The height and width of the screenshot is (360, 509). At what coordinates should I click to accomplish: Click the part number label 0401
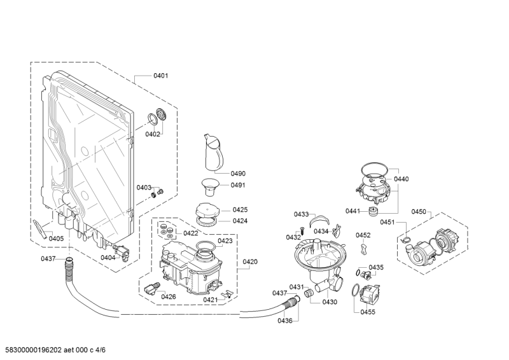click(160, 76)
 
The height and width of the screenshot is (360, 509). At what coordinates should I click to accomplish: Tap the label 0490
click(238, 173)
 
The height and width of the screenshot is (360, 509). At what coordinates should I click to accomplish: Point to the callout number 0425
click(240, 209)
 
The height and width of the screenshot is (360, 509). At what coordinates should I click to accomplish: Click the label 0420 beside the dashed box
click(250, 261)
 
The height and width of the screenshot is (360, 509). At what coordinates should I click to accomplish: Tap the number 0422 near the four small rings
click(190, 233)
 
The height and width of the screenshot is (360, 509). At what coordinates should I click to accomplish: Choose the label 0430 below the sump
click(329, 301)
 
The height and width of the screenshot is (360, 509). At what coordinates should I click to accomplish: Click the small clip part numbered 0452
click(363, 248)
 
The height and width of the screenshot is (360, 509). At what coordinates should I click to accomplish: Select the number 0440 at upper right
click(401, 180)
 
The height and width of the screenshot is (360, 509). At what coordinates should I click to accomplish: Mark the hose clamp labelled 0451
click(402, 240)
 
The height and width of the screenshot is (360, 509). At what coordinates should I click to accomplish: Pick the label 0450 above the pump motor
click(419, 211)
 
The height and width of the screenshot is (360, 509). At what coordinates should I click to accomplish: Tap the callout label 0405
click(57, 239)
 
